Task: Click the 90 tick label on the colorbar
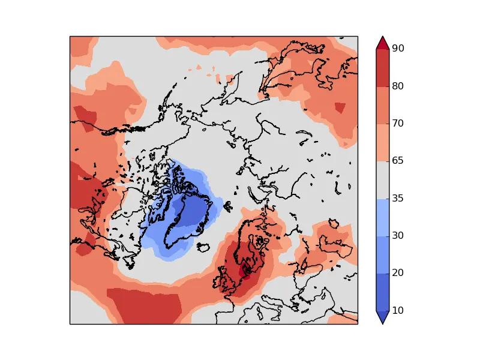pos(397,49)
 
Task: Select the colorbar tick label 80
pos(397,86)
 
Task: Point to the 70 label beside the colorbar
pos(397,124)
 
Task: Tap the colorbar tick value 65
pos(397,161)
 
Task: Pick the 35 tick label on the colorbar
pos(397,199)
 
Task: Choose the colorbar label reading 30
pos(397,236)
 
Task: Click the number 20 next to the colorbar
pos(397,273)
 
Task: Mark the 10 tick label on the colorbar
pos(397,311)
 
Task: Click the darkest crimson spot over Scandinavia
pos(245,271)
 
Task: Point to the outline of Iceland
pos(205,247)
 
